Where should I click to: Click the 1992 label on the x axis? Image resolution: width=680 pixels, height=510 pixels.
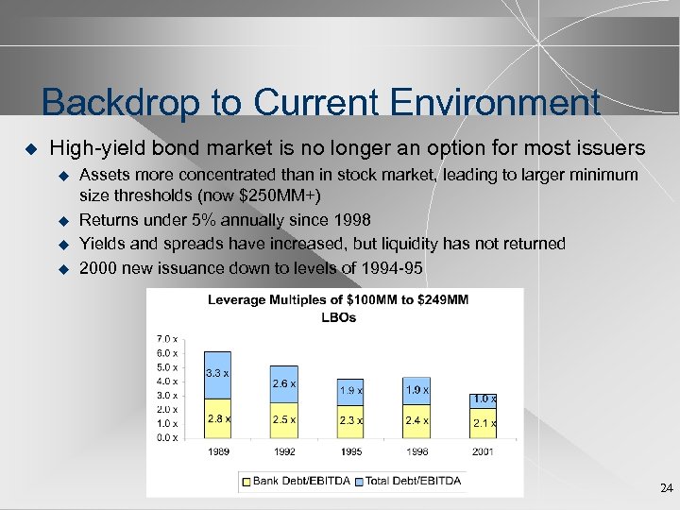(x=283, y=451)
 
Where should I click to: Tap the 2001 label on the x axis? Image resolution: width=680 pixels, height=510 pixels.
(x=483, y=451)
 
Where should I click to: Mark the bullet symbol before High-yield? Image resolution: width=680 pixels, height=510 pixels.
(x=29, y=149)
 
